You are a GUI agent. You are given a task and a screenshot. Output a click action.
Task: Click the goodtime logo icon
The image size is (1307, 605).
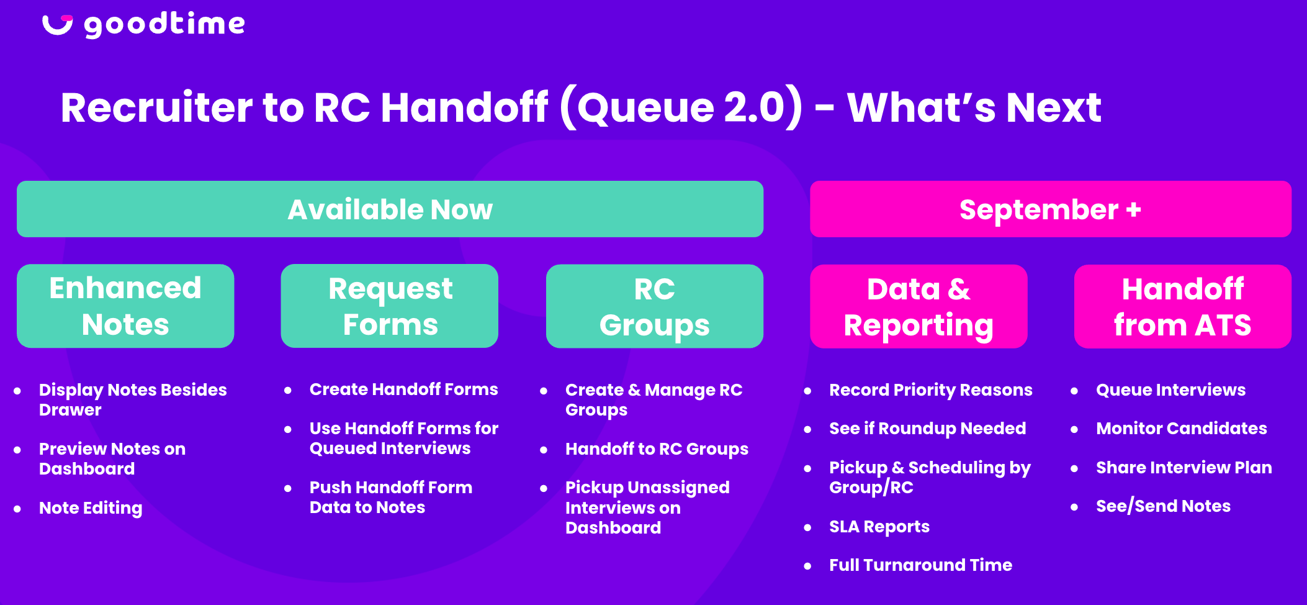(57, 24)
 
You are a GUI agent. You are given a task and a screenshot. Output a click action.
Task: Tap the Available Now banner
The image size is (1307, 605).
(390, 209)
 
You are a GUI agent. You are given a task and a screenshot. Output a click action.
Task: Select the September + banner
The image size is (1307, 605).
(1051, 209)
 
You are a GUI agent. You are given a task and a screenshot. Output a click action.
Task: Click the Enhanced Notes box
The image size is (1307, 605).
(125, 306)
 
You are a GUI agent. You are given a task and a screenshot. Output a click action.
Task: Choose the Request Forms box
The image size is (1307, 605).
(390, 306)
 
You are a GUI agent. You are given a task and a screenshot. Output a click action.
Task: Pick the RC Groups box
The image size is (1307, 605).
(655, 306)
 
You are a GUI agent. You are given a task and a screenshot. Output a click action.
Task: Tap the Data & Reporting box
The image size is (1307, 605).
(918, 306)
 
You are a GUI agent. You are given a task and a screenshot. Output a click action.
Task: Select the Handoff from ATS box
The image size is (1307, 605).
(1183, 306)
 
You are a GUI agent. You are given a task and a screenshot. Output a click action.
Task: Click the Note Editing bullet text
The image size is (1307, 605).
(91, 508)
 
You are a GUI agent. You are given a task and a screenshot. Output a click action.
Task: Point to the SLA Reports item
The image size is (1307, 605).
(879, 527)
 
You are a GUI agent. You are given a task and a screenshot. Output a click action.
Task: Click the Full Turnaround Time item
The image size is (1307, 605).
(920, 565)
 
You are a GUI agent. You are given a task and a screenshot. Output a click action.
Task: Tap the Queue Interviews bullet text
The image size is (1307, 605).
(1170, 390)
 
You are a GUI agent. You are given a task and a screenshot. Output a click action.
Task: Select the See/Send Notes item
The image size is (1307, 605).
(1163, 506)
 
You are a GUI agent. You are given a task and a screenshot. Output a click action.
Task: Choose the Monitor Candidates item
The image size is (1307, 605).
(1182, 429)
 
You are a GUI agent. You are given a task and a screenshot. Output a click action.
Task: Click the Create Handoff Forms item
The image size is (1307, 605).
(404, 389)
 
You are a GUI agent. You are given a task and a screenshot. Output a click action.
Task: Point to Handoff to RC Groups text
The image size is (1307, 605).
(657, 449)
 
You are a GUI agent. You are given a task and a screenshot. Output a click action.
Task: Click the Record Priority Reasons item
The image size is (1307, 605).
(931, 390)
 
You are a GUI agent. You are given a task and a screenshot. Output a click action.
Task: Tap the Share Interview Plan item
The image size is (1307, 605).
(1184, 468)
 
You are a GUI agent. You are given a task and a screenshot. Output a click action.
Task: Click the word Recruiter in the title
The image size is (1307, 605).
(156, 107)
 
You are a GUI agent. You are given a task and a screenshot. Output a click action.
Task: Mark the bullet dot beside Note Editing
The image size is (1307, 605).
(17, 509)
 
